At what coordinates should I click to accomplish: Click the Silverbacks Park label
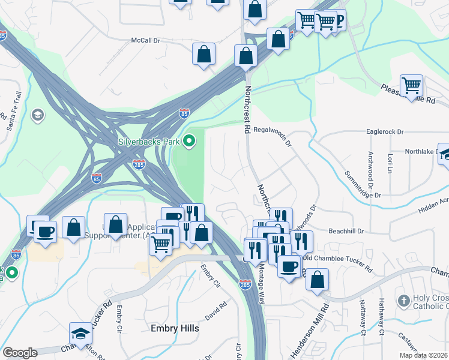pyautogui.click(x=149, y=143)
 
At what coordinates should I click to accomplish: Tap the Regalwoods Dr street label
pyautogui.click(x=272, y=128)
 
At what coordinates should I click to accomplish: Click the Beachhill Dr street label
pyautogui.click(x=347, y=230)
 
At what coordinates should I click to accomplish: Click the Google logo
pyautogui.click(x=20, y=353)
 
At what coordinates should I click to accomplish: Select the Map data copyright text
pyautogui.click(x=423, y=355)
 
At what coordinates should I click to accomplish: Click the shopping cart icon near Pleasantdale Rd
pyautogui.click(x=411, y=85)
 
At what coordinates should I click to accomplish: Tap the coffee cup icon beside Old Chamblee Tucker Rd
pyautogui.click(x=289, y=265)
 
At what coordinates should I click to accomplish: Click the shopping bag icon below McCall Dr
pyautogui.click(x=204, y=53)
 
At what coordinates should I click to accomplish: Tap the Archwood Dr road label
pyautogui.click(x=370, y=168)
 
